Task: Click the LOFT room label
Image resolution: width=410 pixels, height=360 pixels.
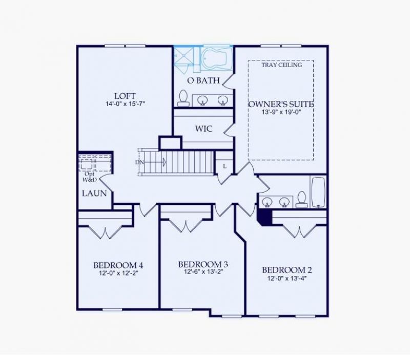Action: click(x=125, y=96)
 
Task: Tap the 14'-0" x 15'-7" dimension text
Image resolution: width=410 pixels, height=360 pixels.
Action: click(x=125, y=104)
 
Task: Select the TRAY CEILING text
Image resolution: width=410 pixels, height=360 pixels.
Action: click(x=282, y=65)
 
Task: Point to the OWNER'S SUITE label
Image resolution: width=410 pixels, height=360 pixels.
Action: click(x=280, y=104)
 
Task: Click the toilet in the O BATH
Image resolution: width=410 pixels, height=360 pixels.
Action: click(x=183, y=98)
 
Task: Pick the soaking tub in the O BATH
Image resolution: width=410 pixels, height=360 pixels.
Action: click(x=216, y=58)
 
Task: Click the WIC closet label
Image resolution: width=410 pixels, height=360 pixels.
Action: click(x=203, y=129)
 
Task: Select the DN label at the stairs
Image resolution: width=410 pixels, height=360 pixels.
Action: click(x=139, y=162)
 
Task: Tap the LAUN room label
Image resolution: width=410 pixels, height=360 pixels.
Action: click(x=94, y=194)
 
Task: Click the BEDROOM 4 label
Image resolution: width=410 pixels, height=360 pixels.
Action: click(x=118, y=265)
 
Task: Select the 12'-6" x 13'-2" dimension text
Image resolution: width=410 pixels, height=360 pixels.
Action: click(x=203, y=272)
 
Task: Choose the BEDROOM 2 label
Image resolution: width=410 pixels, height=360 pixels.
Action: click(x=287, y=270)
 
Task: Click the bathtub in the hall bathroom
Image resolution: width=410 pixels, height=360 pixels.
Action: click(x=318, y=192)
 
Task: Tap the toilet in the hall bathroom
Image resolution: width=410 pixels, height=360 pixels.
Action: click(x=301, y=199)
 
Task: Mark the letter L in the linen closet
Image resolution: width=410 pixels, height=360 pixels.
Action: click(x=224, y=166)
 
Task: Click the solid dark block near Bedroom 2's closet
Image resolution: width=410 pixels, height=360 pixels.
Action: click(x=264, y=217)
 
